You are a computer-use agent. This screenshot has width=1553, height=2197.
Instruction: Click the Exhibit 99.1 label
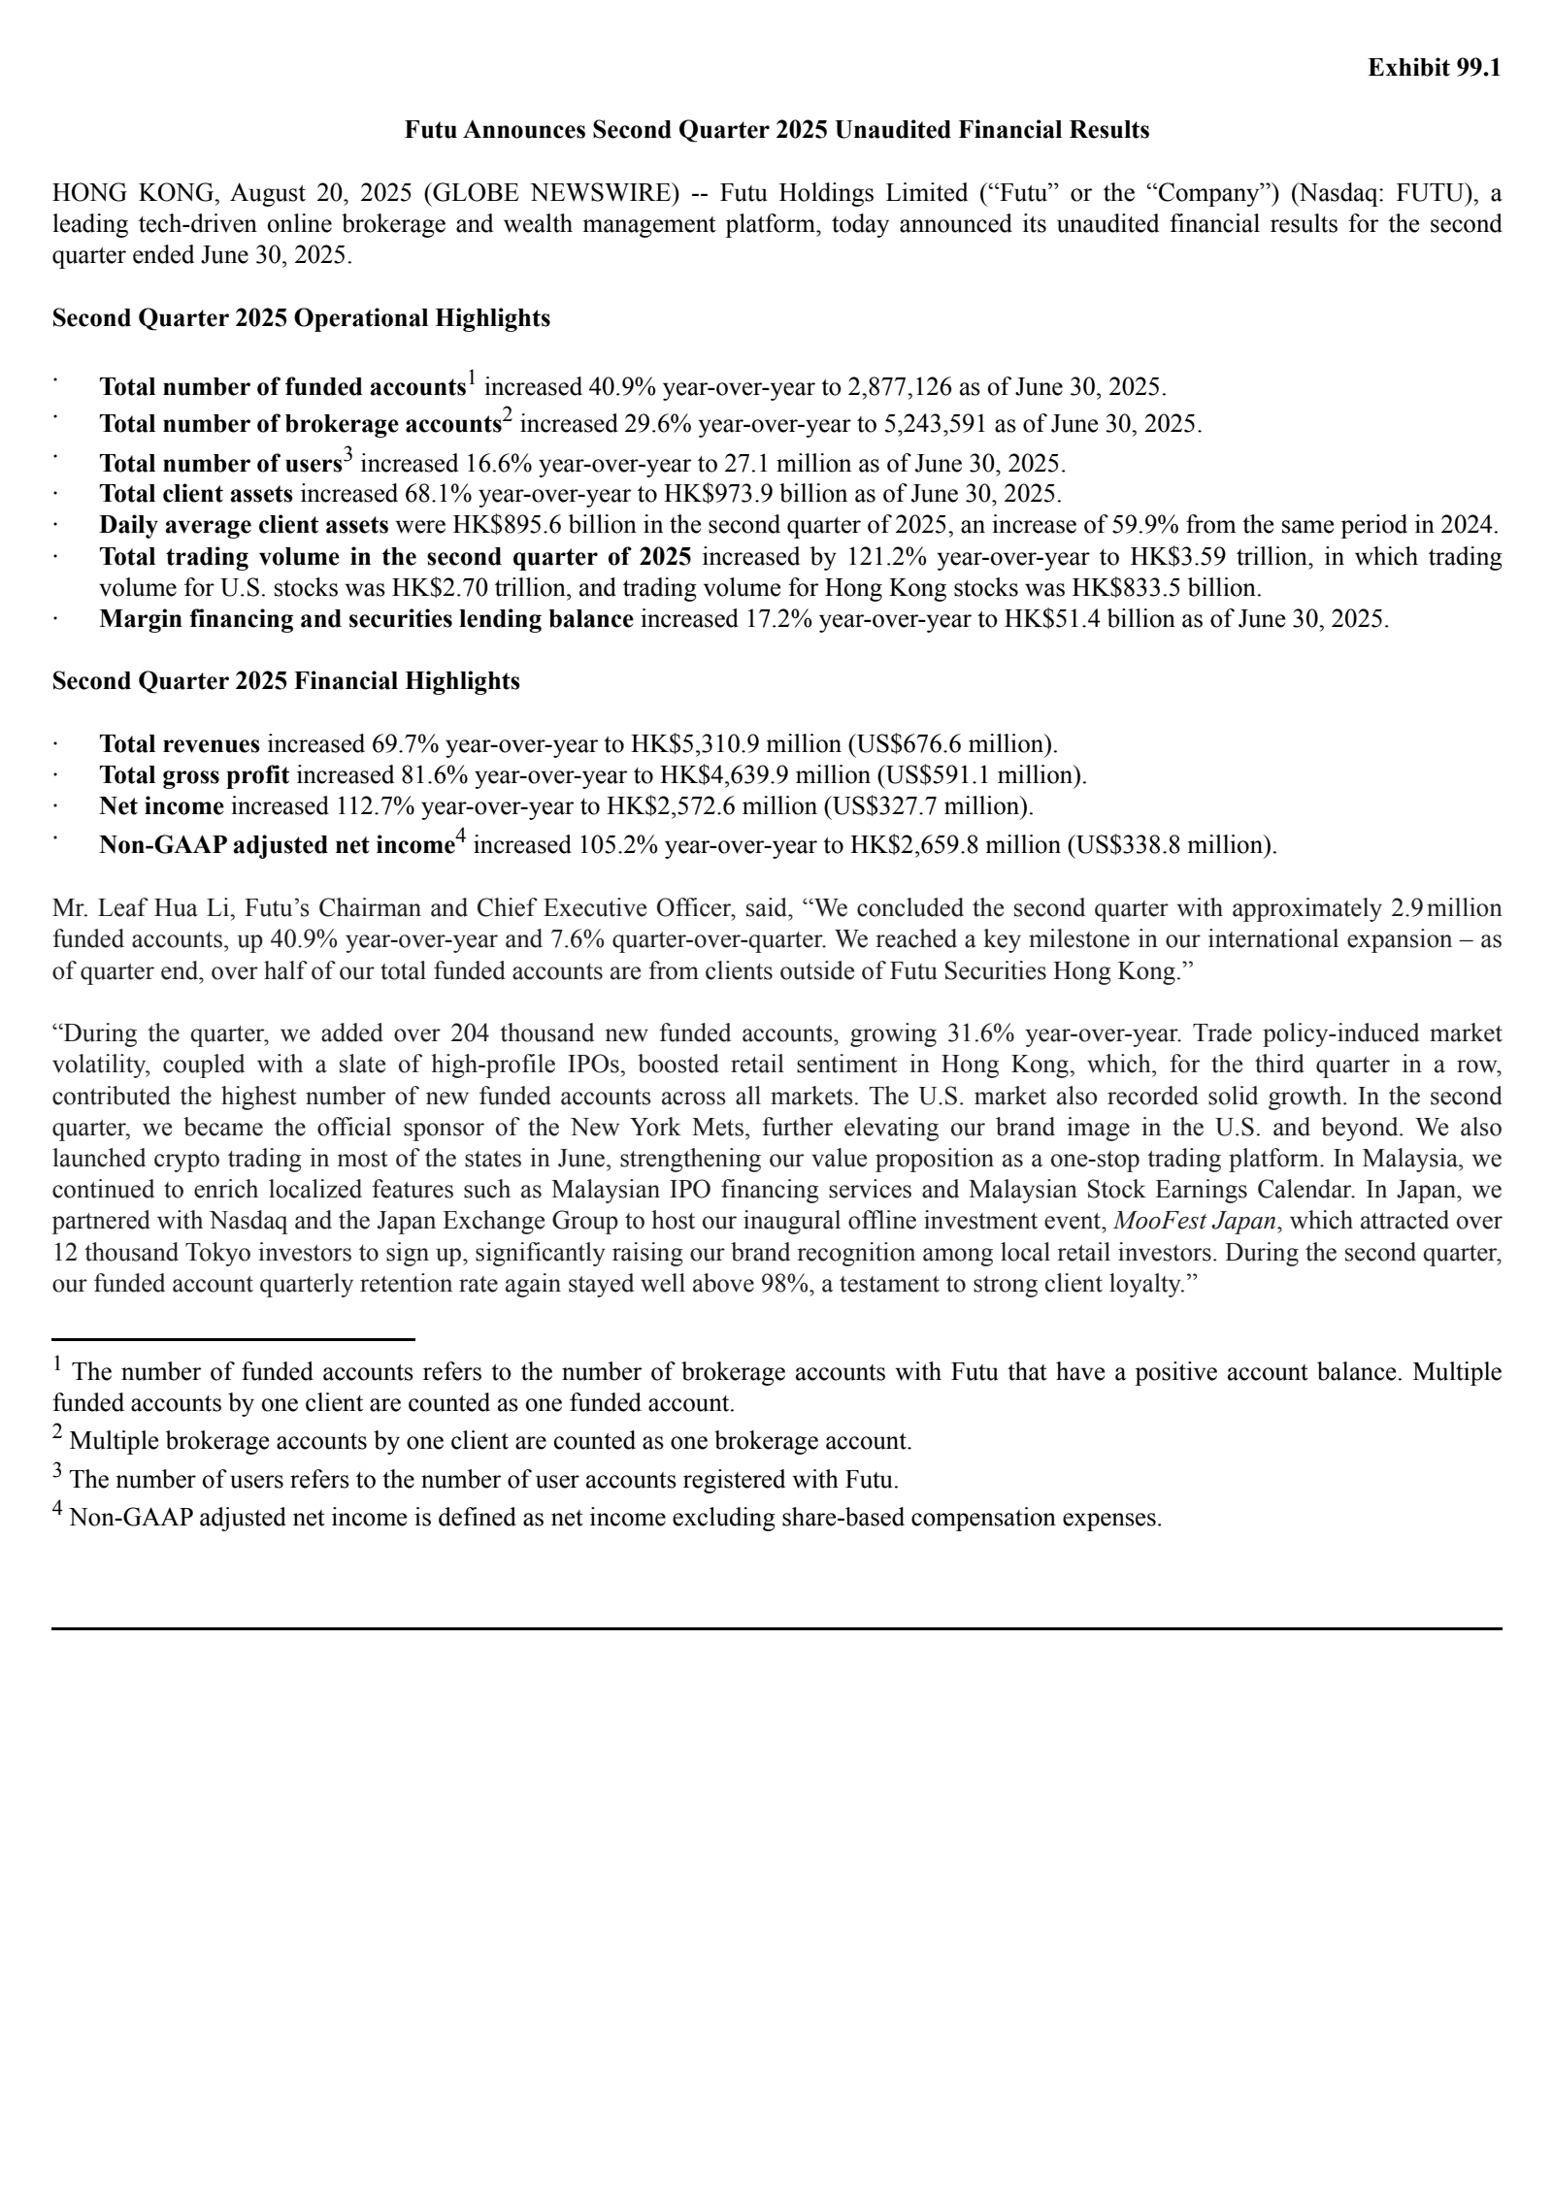pos(1434,68)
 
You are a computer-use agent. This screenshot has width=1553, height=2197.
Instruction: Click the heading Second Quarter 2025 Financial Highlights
pos(285,681)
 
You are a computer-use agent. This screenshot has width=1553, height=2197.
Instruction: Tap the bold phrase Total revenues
pos(180,744)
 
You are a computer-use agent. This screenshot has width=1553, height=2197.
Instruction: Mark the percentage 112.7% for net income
pos(375,806)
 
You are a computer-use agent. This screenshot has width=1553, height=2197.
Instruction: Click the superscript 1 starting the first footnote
pos(58,1365)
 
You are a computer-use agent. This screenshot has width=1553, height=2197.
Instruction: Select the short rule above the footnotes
pos(233,1339)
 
